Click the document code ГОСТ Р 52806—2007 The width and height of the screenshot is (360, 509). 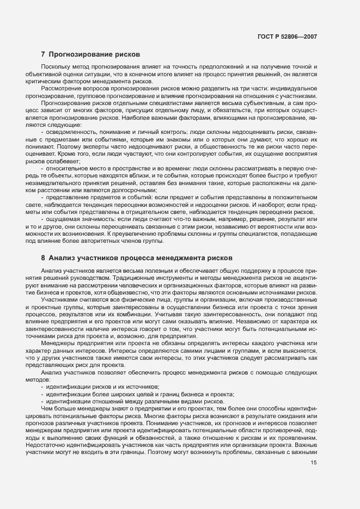click(287, 37)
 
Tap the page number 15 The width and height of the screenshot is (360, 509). click(314, 463)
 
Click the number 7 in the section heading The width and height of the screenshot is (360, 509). click(43, 54)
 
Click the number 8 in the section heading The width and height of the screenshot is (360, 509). click(43, 256)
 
